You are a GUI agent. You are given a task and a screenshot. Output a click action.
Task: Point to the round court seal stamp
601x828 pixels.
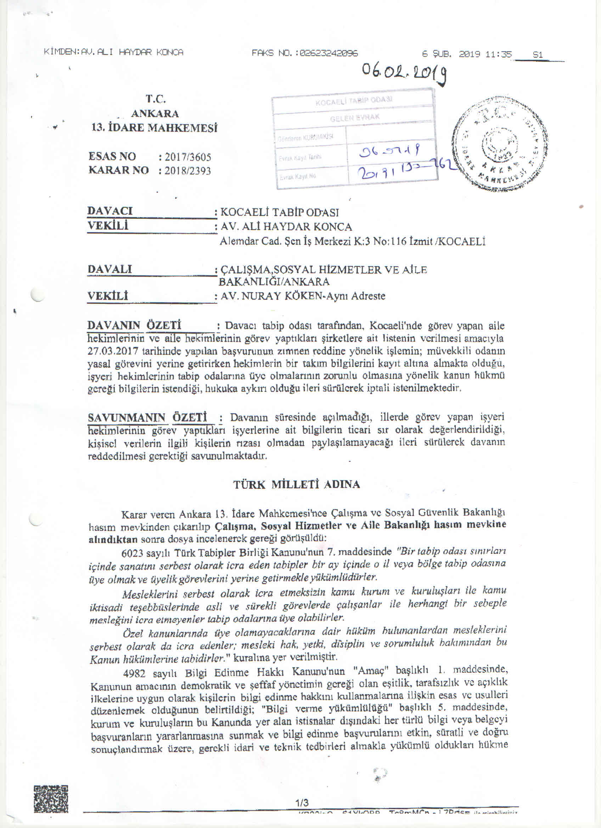pyautogui.click(x=500, y=143)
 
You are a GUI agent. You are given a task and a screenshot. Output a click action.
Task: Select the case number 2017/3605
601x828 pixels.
pyautogui.click(x=187, y=157)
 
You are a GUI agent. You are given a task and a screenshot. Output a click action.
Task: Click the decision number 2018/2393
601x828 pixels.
pyautogui.click(x=187, y=171)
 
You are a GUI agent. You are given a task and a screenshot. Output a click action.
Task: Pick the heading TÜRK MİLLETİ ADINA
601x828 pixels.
pyautogui.click(x=296, y=485)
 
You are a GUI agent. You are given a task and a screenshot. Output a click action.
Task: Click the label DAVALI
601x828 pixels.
pyautogui.click(x=109, y=269)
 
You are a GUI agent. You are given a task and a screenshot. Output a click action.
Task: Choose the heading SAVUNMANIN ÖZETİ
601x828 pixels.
pyautogui.click(x=147, y=417)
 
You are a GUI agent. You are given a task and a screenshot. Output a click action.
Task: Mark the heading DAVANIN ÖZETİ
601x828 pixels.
pyautogui.click(x=134, y=325)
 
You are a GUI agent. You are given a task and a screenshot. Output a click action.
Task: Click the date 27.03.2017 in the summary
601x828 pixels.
pyautogui.click(x=113, y=351)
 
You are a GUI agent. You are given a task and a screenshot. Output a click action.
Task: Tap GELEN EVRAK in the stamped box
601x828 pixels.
pyautogui.click(x=354, y=118)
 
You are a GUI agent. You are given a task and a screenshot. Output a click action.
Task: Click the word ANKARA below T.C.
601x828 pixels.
pyautogui.click(x=155, y=113)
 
